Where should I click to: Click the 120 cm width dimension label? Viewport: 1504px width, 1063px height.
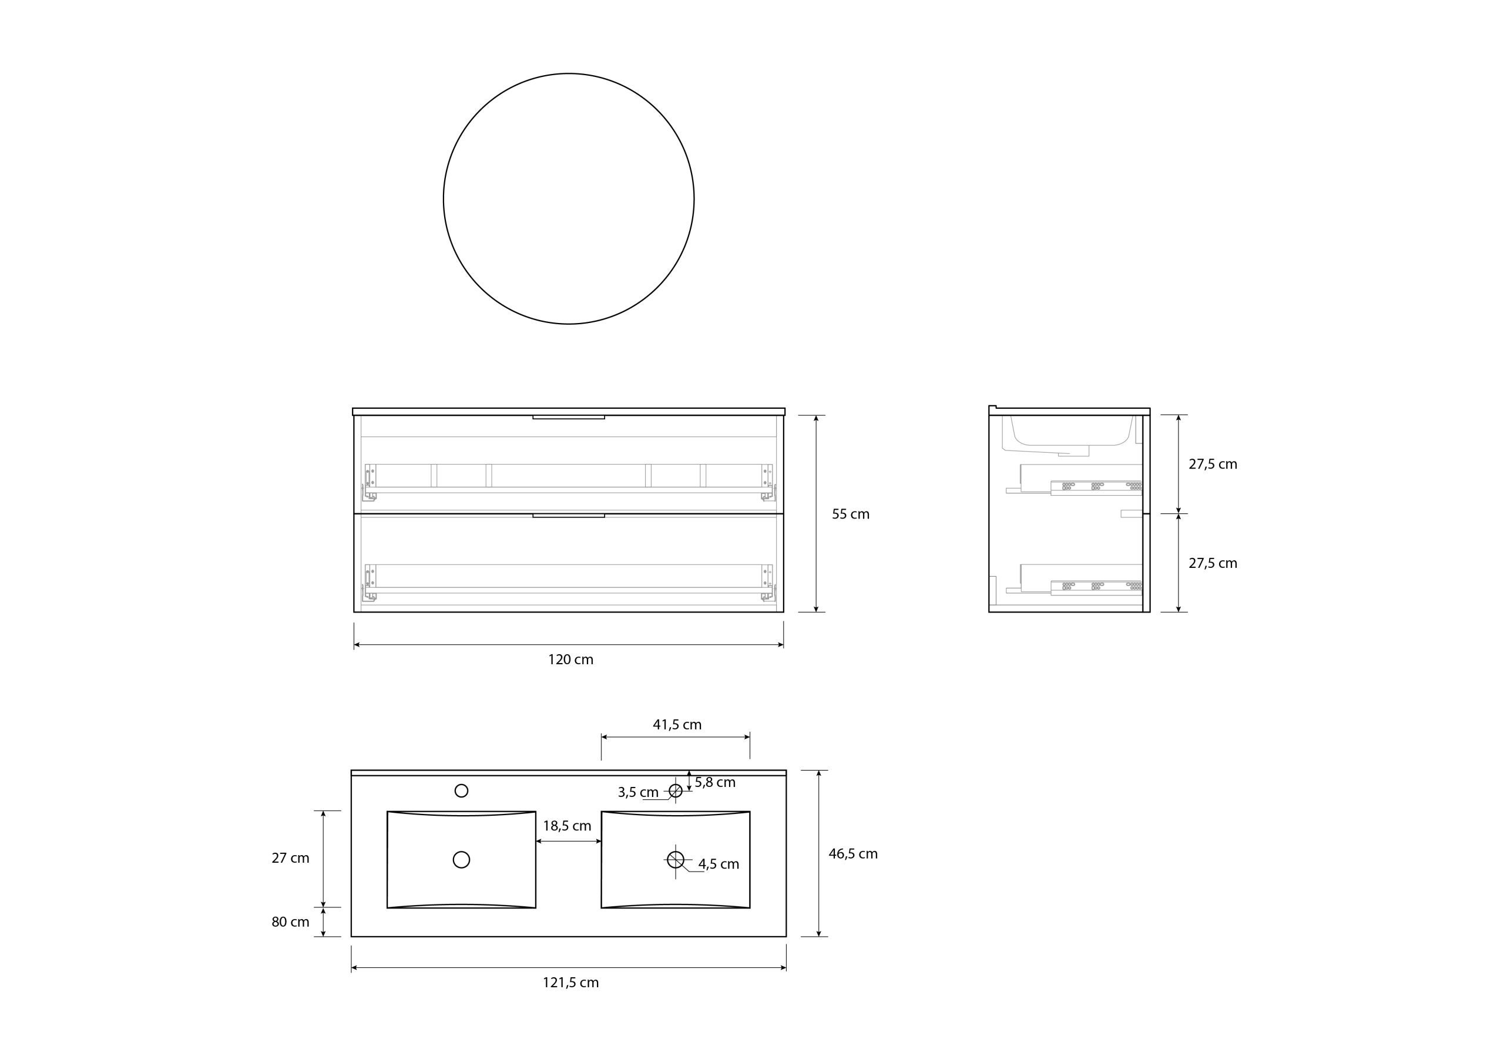[570, 660]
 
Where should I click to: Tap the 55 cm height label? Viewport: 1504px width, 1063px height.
[850, 514]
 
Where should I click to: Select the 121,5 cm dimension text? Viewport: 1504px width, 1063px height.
[570, 983]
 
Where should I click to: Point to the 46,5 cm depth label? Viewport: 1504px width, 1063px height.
[853, 853]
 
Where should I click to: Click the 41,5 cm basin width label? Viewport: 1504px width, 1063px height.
[677, 724]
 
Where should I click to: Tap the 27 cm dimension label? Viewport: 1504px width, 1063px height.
[290, 858]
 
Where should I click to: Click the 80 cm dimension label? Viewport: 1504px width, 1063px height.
[290, 922]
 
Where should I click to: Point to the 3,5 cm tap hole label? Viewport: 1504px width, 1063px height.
[637, 792]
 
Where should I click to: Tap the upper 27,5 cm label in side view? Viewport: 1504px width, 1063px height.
[1213, 465]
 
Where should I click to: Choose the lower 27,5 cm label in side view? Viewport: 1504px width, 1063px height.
[1213, 563]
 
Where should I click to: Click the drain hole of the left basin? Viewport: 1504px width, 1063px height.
[461, 859]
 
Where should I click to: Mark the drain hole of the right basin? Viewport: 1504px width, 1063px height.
[676, 859]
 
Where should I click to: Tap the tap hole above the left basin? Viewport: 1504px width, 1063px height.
[461, 790]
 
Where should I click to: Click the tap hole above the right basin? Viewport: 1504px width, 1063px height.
[676, 790]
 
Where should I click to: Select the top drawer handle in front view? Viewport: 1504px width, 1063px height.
[568, 416]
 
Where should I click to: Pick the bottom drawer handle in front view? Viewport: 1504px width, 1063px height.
[568, 516]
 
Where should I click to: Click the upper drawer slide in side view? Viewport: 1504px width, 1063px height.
[1096, 487]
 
